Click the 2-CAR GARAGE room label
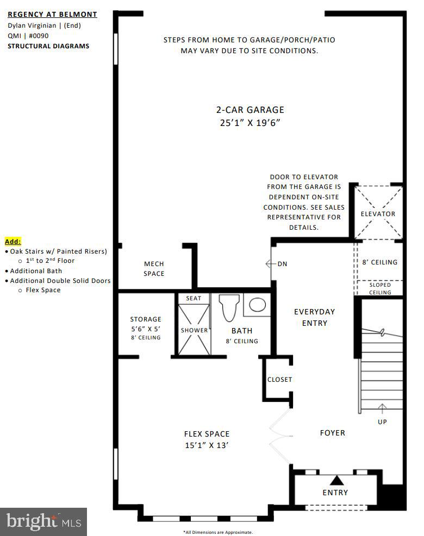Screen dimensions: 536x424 pyautogui.click(x=250, y=110)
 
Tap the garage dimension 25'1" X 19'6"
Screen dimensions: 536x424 pyautogui.click(x=250, y=123)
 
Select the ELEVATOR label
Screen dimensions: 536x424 pyautogui.click(x=378, y=213)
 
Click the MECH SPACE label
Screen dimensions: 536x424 pyautogui.click(x=154, y=269)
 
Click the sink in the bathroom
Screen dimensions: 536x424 pyautogui.click(x=257, y=305)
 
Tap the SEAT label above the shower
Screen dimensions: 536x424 pyautogui.click(x=194, y=298)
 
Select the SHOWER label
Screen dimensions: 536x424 pyautogui.click(x=194, y=330)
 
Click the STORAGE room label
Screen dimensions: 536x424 pyautogui.click(x=145, y=319)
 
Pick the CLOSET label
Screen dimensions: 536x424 pyautogui.click(x=279, y=380)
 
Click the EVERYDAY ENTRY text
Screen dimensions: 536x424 pyautogui.click(x=314, y=317)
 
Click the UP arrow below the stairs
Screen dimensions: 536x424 pyautogui.click(x=382, y=408)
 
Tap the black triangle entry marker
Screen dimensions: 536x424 pyautogui.click(x=338, y=480)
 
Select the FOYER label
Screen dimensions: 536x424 pyautogui.click(x=332, y=433)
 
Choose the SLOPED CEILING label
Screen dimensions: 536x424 pyautogui.click(x=380, y=288)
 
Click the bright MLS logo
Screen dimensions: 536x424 pyautogui.click(x=43, y=522)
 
